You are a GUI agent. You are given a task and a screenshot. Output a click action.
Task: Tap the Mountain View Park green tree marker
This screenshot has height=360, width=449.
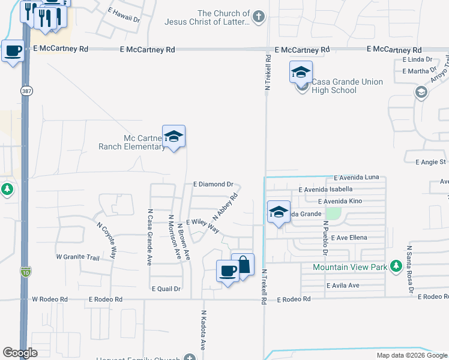396,266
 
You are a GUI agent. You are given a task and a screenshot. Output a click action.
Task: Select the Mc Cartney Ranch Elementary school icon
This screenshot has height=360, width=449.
173,137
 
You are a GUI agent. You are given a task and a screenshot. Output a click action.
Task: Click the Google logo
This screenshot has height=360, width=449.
20,353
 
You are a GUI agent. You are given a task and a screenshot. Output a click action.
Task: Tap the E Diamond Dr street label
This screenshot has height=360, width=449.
213,184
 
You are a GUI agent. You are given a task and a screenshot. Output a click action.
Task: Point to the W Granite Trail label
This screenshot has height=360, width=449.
77,257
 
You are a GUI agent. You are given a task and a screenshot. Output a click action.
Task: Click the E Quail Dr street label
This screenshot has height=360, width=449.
166,289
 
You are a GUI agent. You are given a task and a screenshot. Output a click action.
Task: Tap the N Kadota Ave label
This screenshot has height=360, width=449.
203,329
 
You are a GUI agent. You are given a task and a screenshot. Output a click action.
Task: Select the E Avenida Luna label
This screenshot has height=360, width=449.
357,177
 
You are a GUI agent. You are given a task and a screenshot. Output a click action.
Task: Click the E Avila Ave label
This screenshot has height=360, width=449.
343,285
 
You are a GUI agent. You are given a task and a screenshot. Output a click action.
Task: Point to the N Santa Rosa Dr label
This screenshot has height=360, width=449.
411,268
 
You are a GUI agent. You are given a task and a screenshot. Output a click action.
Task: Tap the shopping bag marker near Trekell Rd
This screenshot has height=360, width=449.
243,266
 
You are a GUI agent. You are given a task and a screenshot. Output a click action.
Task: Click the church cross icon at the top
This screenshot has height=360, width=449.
258,16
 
